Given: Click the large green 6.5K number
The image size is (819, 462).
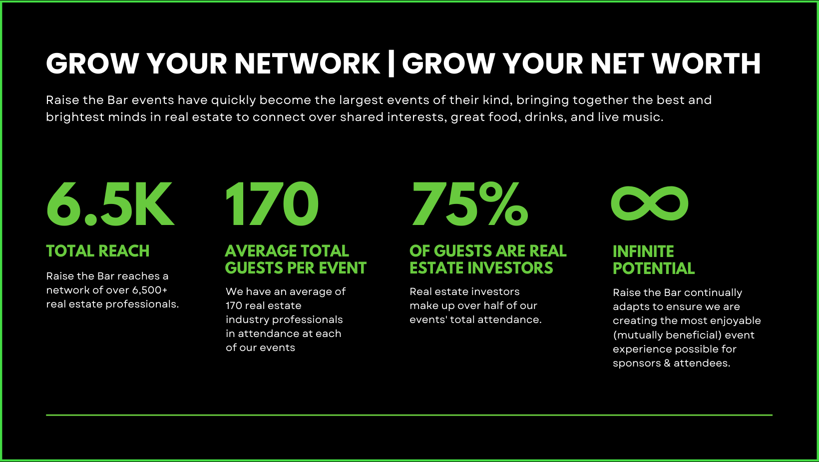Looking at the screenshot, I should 110,204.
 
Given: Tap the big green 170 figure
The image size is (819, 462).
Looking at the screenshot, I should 272,204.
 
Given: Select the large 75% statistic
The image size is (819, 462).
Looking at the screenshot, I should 469,204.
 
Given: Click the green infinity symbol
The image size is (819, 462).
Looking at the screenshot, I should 650,203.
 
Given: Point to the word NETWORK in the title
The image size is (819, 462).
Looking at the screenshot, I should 308,64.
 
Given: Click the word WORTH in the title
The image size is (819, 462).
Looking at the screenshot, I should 706,64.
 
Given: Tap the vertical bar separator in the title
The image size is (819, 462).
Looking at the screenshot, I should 391,64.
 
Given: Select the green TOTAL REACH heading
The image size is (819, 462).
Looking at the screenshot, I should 98,251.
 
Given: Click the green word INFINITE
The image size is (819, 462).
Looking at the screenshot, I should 643,251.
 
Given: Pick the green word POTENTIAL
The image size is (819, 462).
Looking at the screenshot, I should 654,268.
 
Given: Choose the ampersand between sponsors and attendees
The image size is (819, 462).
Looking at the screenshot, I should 667,363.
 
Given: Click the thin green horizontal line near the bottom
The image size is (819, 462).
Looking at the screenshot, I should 409,415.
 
